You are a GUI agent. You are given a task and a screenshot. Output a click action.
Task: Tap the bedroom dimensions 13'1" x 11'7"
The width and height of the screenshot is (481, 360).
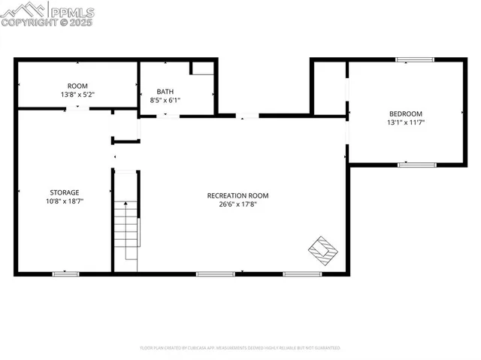406,122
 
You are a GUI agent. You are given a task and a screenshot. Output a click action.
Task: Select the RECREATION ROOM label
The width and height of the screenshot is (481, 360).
237,195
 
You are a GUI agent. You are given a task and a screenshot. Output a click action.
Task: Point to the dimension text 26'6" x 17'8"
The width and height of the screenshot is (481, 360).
237,204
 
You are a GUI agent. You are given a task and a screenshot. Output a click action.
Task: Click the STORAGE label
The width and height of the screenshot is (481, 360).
65,192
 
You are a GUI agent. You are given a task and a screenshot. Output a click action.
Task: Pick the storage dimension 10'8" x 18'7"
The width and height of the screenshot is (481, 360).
65,201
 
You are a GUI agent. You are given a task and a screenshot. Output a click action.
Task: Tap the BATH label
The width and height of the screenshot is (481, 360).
165,91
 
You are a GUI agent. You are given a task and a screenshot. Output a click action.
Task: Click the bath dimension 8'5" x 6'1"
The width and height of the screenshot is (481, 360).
165,99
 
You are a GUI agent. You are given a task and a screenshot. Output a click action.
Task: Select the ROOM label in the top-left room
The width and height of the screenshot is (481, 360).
77,86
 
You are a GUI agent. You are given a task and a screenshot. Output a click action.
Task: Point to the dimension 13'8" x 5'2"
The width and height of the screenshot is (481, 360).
77,95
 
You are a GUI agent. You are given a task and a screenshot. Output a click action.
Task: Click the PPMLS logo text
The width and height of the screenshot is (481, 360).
72,11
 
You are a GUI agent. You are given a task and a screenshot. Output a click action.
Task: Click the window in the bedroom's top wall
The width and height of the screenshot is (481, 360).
416,60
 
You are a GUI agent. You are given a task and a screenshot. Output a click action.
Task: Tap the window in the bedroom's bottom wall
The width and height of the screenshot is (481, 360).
416,164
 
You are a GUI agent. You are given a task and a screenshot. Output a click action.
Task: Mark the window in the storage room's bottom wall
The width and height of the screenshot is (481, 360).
65,274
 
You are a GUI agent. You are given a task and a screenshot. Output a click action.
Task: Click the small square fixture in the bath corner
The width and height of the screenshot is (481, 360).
201,68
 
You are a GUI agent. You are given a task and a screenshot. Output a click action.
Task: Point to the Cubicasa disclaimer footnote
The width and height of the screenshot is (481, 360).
240,348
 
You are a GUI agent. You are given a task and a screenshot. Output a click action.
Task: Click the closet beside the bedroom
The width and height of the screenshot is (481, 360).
329,87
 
